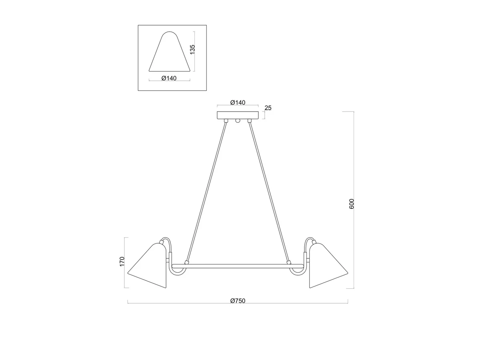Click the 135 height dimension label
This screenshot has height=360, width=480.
[x=192, y=49]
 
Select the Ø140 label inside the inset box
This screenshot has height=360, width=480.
[x=169, y=78]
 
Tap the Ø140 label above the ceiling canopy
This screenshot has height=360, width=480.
[x=238, y=102]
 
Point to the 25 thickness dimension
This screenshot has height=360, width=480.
[x=268, y=108]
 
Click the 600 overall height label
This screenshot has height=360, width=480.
[x=351, y=204]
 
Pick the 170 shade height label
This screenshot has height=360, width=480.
[x=122, y=262]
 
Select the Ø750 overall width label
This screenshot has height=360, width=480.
[x=238, y=301]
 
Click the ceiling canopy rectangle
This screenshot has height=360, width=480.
[x=238, y=115]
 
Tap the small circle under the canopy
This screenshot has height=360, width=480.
[x=238, y=120]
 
